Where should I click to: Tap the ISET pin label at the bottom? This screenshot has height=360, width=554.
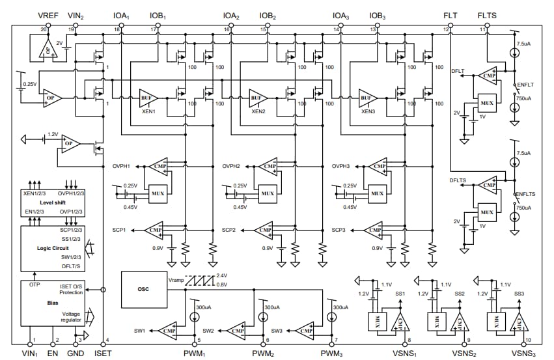pyautogui.click(x=104, y=353)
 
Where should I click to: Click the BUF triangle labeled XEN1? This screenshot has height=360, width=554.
pyautogui.click(x=147, y=98)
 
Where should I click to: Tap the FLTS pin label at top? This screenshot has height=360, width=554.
pyautogui.click(x=488, y=15)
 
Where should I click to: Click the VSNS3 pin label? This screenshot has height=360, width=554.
pyautogui.click(x=523, y=353)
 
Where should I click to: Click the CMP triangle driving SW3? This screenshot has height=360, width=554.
pyautogui.click(x=303, y=330)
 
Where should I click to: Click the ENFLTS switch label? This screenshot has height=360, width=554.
pyautogui.click(x=525, y=194)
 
